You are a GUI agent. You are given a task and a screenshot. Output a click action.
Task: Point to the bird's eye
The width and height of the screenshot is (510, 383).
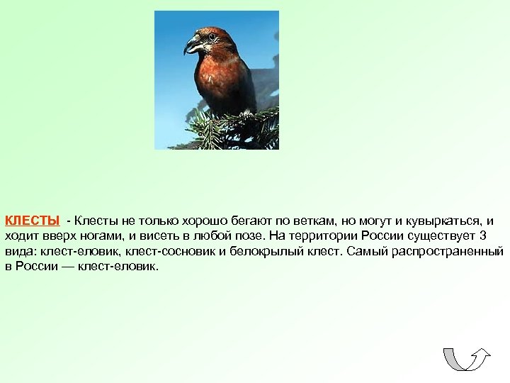(211, 36)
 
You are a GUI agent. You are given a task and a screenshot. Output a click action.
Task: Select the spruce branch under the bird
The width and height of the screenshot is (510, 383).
(227, 128)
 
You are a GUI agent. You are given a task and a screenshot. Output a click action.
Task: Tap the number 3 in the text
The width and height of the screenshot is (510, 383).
(484, 235)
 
